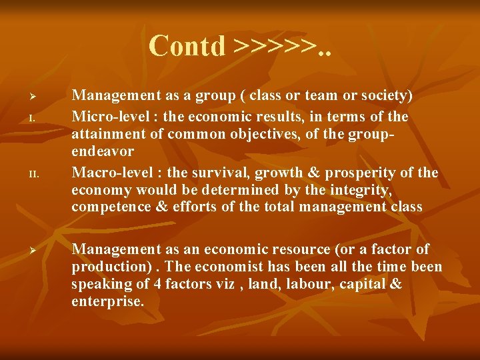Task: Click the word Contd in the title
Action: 187,45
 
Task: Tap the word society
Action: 379,96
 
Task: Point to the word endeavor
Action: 103,151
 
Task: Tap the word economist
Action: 219,267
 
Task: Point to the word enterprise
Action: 107,301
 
